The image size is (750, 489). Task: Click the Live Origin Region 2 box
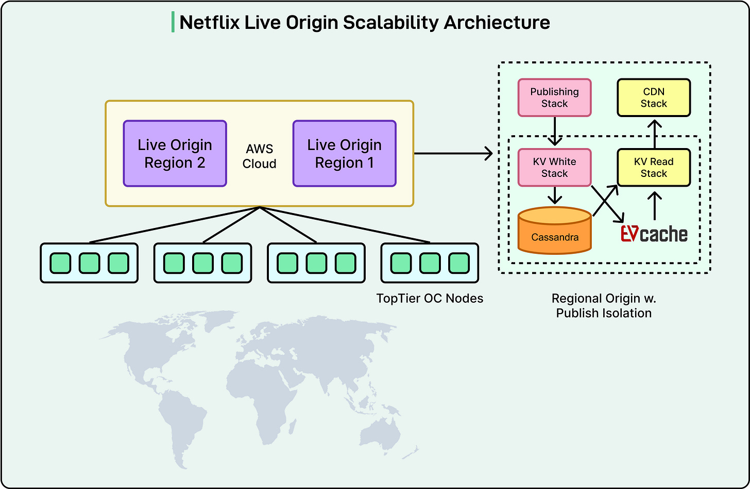[175, 154]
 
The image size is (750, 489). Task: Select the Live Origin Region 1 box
[344, 154]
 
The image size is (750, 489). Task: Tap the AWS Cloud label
[260, 156]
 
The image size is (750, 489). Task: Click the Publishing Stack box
[554, 97]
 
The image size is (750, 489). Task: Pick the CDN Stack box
[654, 97]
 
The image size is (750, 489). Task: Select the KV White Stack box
[554, 168]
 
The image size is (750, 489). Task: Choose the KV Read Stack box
[654, 168]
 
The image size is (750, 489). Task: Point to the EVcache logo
[654, 234]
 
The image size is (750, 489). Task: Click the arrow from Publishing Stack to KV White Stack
[554, 132]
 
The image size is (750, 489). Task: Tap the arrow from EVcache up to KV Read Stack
[654, 205]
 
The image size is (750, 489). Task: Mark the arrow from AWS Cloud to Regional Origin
[453, 153]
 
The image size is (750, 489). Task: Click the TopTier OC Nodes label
[430, 298]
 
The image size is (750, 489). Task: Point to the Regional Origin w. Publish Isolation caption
[604, 305]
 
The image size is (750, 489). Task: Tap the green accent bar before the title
[173, 23]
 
